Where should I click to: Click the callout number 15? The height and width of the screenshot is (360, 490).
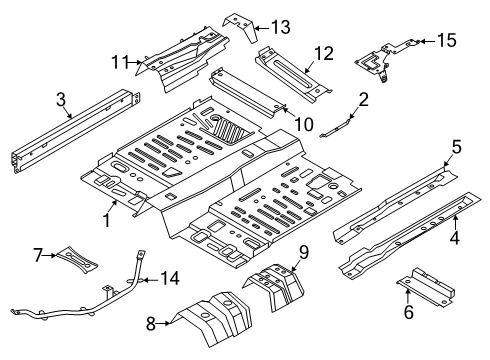446,40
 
